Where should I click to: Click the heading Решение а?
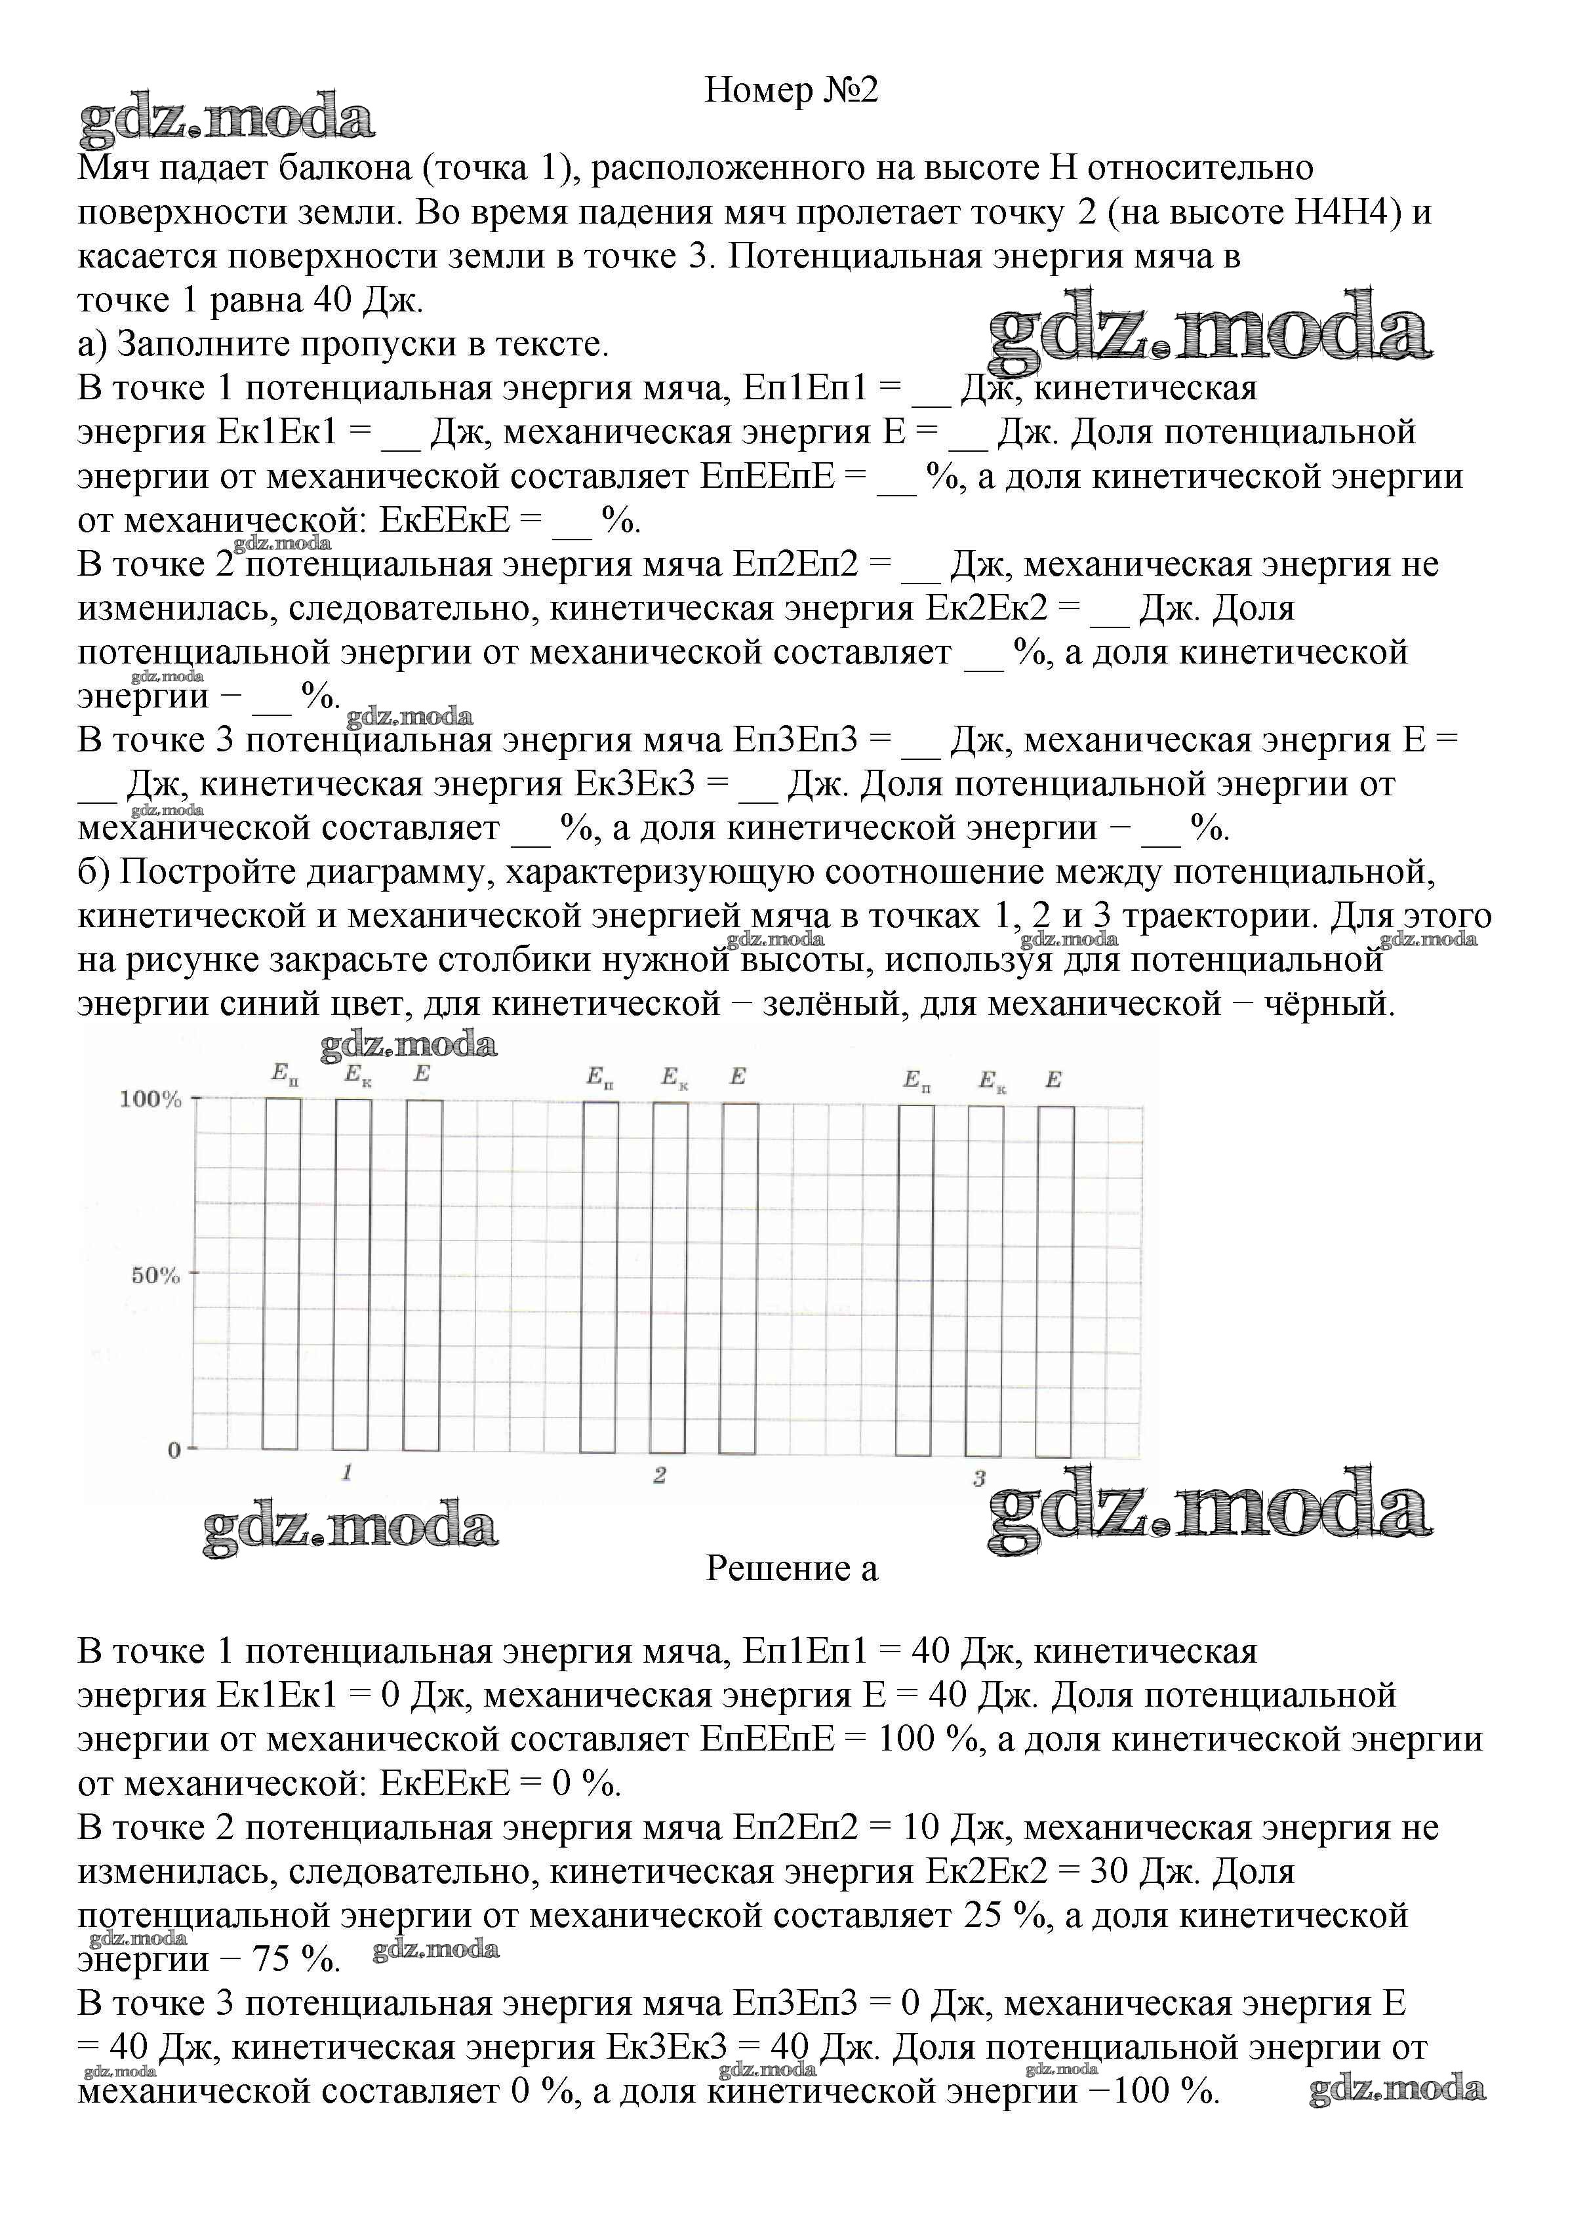[792, 1568]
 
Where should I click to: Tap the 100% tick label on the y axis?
[150, 1100]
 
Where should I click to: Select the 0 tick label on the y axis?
[174, 1451]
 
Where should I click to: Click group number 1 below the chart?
[346, 1473]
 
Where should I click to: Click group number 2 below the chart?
[660, 1475]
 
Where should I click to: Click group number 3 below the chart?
[978, 1479]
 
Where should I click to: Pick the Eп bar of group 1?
[283, 1273]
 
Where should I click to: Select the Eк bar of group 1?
[353, 1273]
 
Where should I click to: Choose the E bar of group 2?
[739, 1277]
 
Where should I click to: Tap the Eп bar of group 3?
[915, 1280]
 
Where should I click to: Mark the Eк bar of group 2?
[670, 1277]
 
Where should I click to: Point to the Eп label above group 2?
[600, 1077]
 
